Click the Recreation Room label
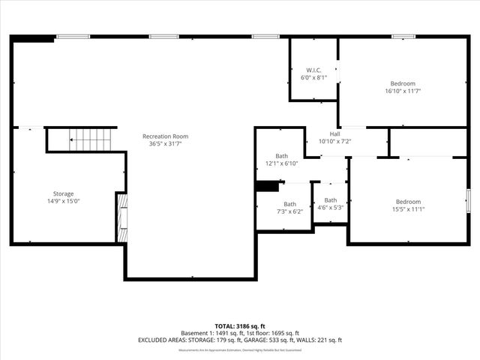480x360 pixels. tap(165, 136)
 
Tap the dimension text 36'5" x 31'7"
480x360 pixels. tap(165, 144)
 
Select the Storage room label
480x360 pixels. tap(63, 194)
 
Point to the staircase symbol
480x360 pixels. tap(90, 139)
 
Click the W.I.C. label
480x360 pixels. tap(313, 70)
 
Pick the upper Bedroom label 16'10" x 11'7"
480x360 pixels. tap(402, 83)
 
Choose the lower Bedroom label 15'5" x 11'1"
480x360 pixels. tap(408, 202)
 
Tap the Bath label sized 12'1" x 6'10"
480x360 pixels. tap(281, 155)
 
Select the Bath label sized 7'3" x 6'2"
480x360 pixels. tap(289, 204)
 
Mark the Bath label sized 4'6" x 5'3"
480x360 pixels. tap(330, 200)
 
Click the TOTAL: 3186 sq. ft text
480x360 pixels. tap(240, 325)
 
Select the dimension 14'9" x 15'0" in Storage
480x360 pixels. tap(63, 202)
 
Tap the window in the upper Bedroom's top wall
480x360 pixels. tap(403, 36)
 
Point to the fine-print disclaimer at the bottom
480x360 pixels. tap(240, 349)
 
